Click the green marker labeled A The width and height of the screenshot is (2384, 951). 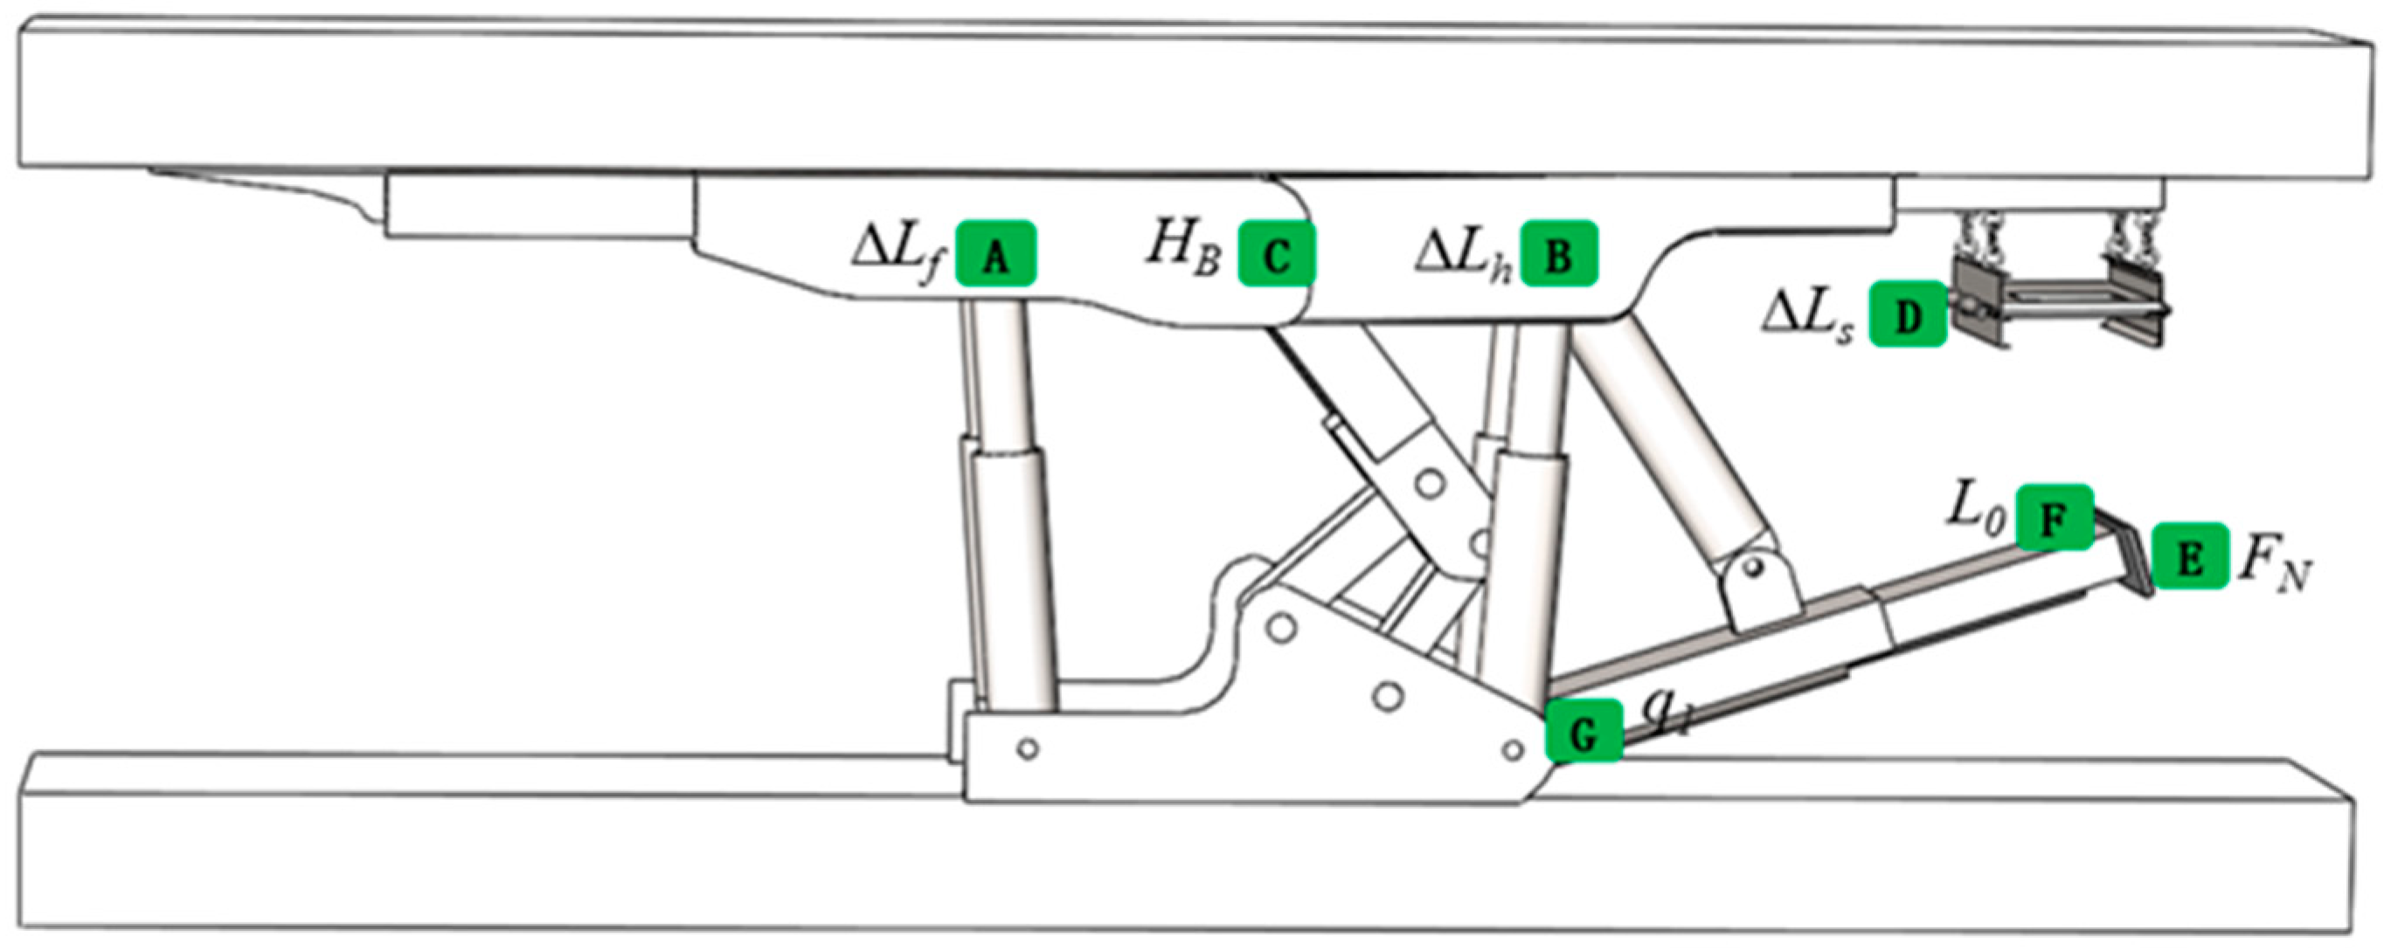[x=995, y=252]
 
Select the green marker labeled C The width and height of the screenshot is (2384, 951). [x=1277, y=252]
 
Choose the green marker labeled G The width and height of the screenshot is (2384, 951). [x=1584, y=731]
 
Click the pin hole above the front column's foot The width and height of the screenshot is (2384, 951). [x=1026, y=748]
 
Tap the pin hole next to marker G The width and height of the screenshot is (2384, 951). [x=1512, y=748]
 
